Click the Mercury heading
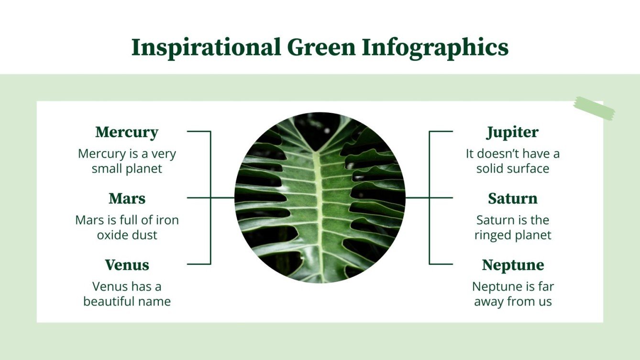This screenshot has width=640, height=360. [x=127, y=132]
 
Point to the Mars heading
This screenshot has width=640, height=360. [x=127, y=198]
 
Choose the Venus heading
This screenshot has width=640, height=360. [x=127, y=265]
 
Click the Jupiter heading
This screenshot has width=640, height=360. [x=512, y=132]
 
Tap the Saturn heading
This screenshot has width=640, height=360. [x=513, y=198]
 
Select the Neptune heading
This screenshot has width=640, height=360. [x=513, y=265]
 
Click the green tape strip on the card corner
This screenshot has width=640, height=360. [x=594, y=109]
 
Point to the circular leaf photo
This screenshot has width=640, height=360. [x=320, y=197]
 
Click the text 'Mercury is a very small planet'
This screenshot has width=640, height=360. [x=127, y=161]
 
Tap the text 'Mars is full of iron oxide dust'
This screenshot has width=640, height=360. [x=127, y=228]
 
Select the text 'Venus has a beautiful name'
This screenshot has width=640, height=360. [x=127, y=294]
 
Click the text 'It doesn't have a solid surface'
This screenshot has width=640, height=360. [x=513, y=161]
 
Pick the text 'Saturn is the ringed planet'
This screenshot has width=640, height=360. [x=513, y=228]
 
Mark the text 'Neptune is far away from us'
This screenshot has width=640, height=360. [x=513, y=294]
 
